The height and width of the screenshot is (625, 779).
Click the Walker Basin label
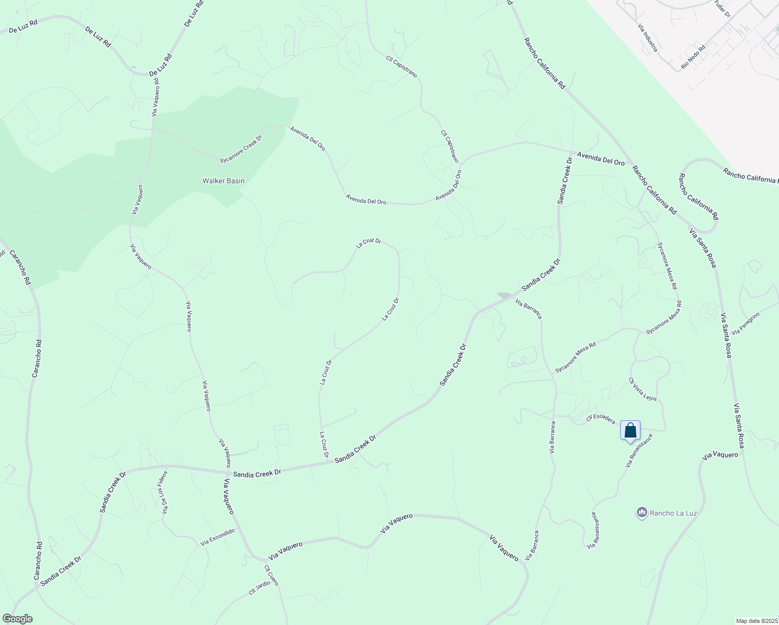(x=223, y=181)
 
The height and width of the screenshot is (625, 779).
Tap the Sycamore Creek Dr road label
(x=241, y=149)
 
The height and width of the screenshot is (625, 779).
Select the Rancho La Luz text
(x=673, y=513)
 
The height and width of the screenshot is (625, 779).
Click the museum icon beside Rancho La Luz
(x=642, y=513)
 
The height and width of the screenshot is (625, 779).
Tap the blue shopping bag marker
(x=630, y=431)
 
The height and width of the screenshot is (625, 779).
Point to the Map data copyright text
(x=757, y=621)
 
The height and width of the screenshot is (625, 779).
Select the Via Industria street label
(x=648, y=36)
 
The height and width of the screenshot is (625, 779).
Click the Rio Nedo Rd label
(x=693, y=57)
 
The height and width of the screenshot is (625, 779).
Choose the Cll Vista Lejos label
(x=643, y=389)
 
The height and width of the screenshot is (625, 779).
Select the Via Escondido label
(x=218, y=537)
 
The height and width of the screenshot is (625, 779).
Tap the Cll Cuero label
(x=271, y=575)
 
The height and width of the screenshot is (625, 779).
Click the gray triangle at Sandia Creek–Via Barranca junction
(x=504, y=295)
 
